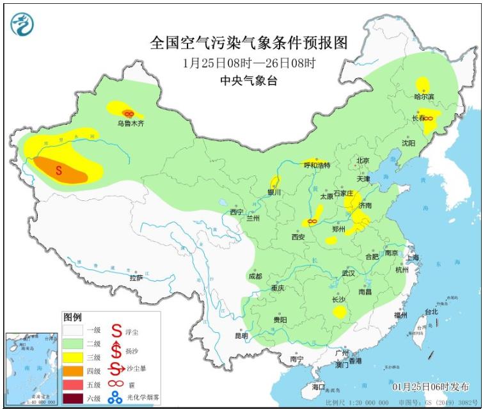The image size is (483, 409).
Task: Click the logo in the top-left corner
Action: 22,24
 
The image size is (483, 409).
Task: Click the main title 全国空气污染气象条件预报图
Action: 249,43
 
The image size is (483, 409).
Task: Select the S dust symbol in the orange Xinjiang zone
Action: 58,170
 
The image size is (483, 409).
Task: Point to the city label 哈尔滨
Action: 424,97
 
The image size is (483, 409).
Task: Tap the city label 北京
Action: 363,161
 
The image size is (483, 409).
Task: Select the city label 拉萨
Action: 136,278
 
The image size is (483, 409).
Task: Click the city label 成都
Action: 255,276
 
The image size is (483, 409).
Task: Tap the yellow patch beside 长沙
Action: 340,312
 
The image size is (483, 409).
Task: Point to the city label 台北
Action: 431,312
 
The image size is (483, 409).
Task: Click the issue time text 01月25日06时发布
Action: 429,387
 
